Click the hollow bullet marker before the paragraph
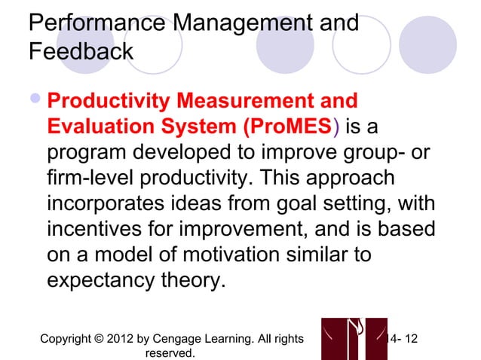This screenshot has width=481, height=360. pyautogui.click(x=35, y=102)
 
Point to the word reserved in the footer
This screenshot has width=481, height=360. pyautogui.click(x=172, y=352)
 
